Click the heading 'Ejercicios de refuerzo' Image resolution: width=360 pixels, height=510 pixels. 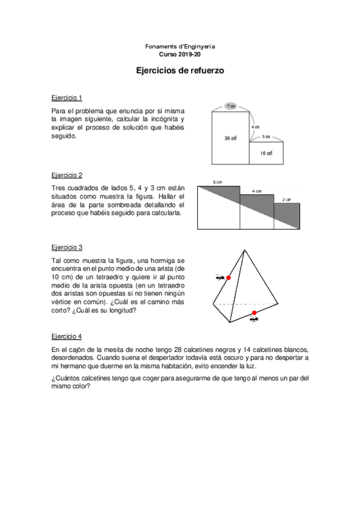pos(180,70)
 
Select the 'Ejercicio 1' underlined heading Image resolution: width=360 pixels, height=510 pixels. pos(67,97)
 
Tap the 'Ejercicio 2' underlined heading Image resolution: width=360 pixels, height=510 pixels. pos(67,175)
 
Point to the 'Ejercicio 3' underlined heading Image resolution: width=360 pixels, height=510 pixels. pos(67,247)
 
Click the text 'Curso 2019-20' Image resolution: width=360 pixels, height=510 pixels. pos(180,54)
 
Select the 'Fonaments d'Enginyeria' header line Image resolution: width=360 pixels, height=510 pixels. pos(180,46)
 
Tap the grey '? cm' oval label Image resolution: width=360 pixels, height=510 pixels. pos(231,106)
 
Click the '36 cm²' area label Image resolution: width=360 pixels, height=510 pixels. pos(231,138)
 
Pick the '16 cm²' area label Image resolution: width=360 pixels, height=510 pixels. pos(266,153)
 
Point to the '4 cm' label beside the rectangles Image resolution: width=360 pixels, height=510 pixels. pos(255,127)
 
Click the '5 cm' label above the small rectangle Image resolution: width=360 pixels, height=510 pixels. pos(266,137)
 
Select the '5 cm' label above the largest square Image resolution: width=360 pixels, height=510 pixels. pos(218,182)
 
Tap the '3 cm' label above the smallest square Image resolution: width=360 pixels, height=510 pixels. pos(287,199)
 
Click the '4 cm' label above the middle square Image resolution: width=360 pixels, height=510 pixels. pos(257,191)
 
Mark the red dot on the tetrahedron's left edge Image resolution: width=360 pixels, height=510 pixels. pos(228,278)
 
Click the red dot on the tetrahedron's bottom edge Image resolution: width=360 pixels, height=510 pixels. pos(254,313)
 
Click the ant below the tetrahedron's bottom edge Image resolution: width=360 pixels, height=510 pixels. pos(255,319)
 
